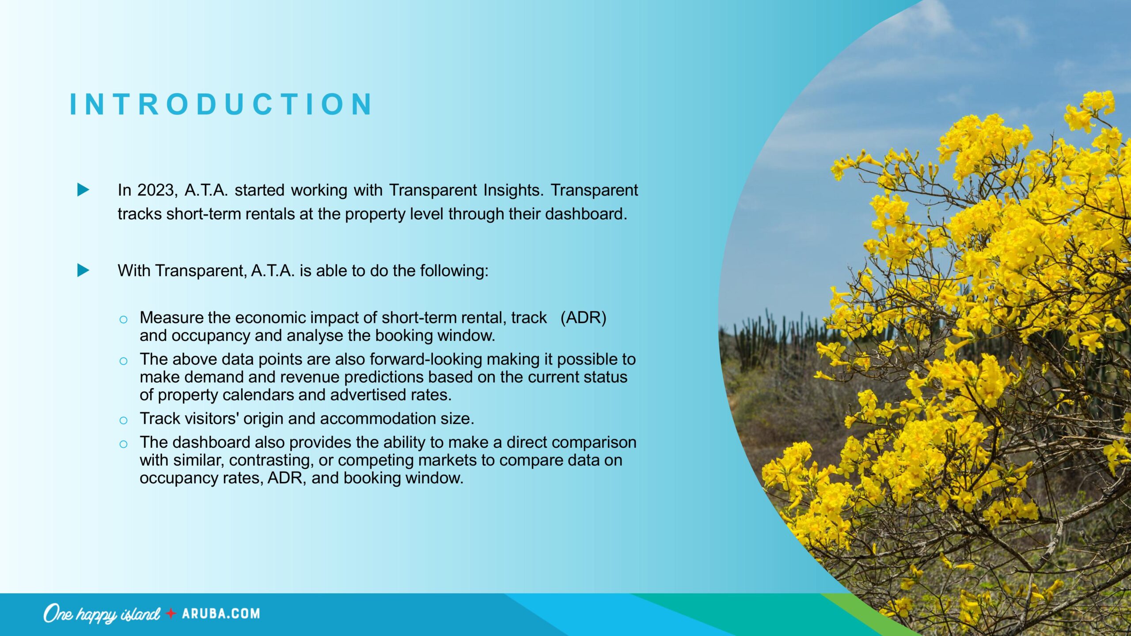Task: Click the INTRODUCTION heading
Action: pyautogui.click(x=221, y=105)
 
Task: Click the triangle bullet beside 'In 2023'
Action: pyautogui.click(x=83, y=190)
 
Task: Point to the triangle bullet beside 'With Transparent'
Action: pyautogui.click(x=83, y=270)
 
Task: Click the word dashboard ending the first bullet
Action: pyautogui.click(x=586, y=214)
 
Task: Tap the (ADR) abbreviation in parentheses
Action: pyautogui.click(x=583, y=318)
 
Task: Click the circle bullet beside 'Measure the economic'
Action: pyautogui.click(x=123, y=319)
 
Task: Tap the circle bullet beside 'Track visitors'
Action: pyautogui.click(x=123, y=420)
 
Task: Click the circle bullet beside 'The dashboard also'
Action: pyautogui.click(x=123, y=444)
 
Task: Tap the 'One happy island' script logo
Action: pyautogui.click(x=102, y=614)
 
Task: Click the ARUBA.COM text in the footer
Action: pyautogui.click(x=221, y=614)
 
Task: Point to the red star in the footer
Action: pyautogui.click(x=171, y=613)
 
